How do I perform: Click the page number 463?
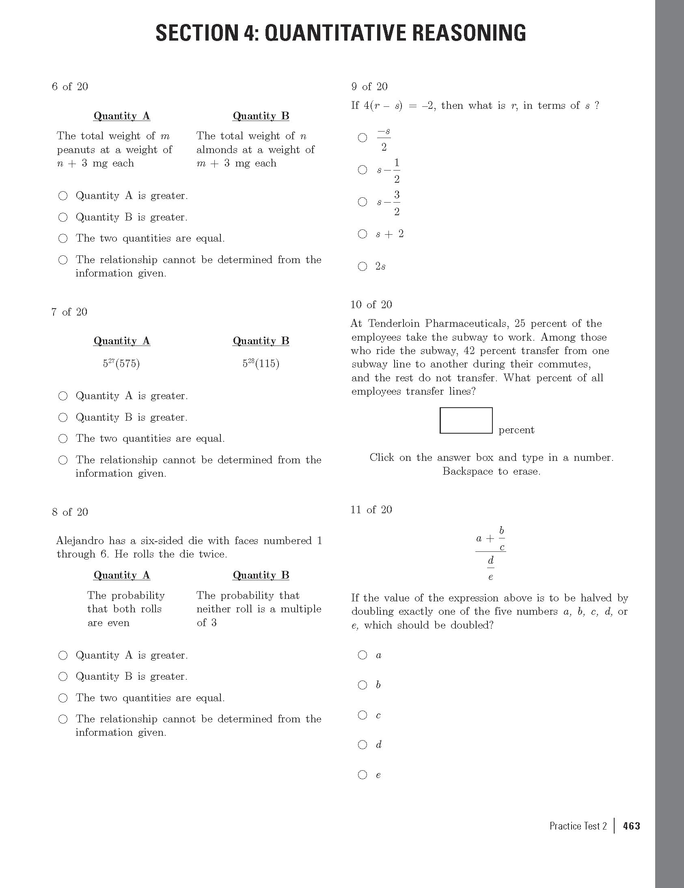coord(631,826)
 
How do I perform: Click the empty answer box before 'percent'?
coord(466,420)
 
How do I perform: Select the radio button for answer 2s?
coord(362,266)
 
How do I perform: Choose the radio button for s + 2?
coord(362,234)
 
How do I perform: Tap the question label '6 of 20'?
coord(70,86)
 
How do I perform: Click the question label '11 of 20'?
coord(371,510)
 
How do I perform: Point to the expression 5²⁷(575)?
coord(121,363)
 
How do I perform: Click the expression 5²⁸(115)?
coord(261,363)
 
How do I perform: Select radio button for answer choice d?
coord(362,745)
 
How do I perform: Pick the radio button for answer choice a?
coord(362,655)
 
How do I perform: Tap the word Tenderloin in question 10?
coord(394,324)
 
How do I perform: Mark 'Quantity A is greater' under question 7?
coord(63,396)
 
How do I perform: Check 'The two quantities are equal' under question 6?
coord(63,238)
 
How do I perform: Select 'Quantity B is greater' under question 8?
coord(63,676)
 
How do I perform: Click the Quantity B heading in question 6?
coord(261,116)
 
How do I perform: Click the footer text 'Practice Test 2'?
coord(578,826)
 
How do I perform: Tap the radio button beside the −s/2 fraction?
coord(362,138)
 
